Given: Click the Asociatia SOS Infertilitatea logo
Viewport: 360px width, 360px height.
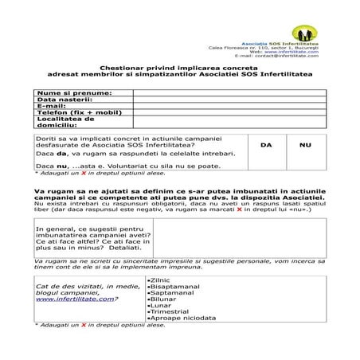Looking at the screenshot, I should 303,33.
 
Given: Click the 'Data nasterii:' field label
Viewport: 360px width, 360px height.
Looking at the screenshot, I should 61,100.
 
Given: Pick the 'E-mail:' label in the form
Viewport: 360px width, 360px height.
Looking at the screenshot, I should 51,107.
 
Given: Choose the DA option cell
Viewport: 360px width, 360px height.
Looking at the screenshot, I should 266,145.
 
